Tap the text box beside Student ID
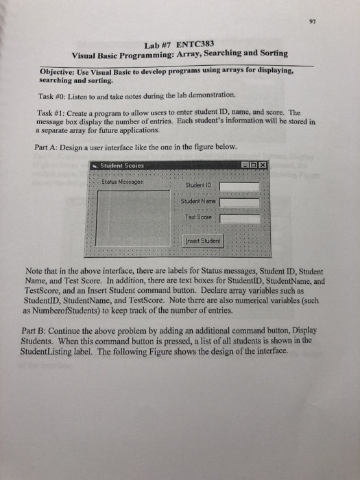239,186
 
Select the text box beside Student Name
239,203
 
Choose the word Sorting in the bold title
272,53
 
